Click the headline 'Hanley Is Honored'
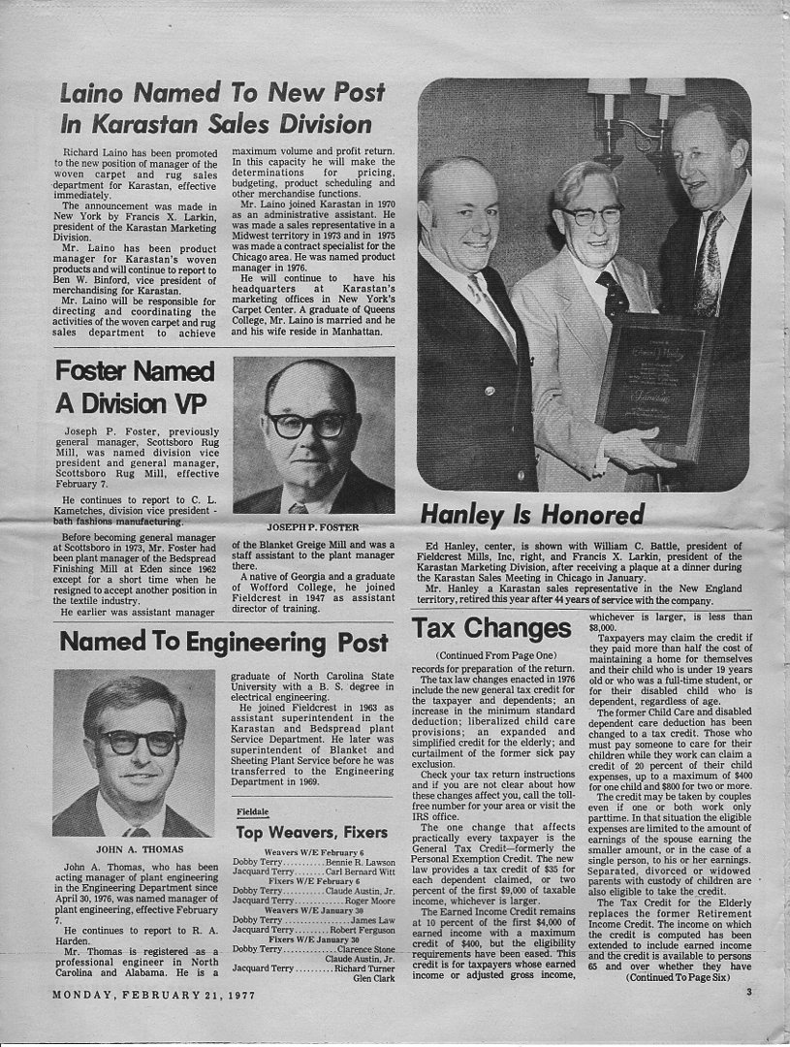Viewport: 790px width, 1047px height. point(532,514)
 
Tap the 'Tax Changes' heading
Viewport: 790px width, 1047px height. point(491,629)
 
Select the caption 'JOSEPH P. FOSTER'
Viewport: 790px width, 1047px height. point(313,527)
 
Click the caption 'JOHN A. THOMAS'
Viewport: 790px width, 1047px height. point(133,848)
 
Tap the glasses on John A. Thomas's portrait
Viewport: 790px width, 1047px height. point(141,743)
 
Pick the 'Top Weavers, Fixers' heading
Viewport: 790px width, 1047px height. point(311,833)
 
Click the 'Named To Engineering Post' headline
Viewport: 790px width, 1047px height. point(223,642)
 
